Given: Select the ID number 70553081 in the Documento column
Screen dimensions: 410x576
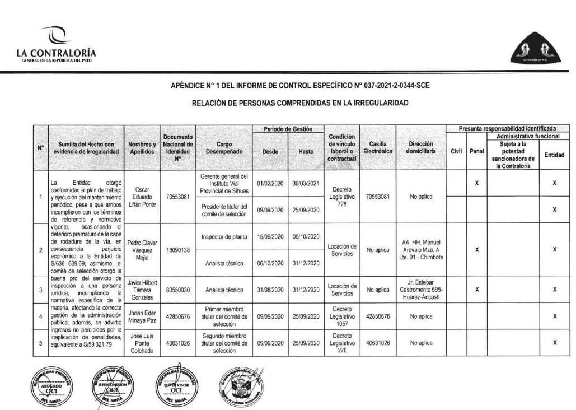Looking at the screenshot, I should (177, 197).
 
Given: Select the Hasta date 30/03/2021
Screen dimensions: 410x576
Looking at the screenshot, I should (305, 183).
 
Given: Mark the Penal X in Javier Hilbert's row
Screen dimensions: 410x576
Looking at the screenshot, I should (477, 290).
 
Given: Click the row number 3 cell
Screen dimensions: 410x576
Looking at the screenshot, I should (40, 290).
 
